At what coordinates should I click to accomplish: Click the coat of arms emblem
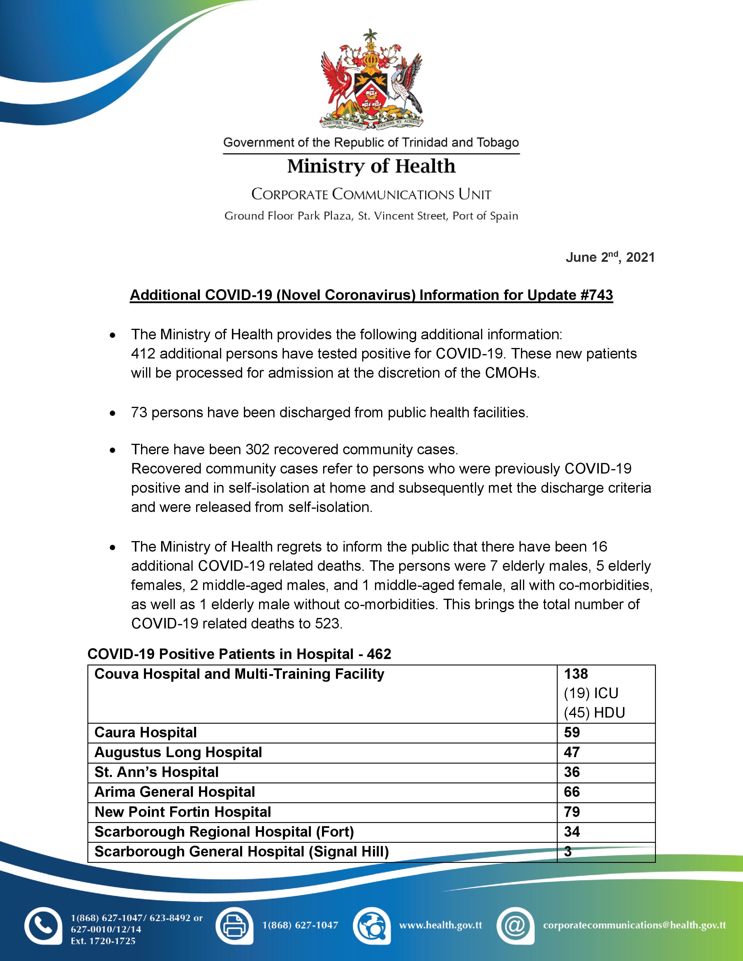pyautogui.click(x=371, y=79)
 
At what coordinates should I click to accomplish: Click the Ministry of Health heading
pyautogui.click(x=371, y=166)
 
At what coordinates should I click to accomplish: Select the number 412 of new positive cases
pyautogui.click(x=143, y=354)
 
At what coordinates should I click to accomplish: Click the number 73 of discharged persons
pyautogui.click(x=139, y=412)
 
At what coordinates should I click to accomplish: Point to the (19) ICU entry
pyautogui.click(x=591, y=693)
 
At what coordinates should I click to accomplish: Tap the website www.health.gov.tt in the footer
pyautogui.click(x=441, y=925)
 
